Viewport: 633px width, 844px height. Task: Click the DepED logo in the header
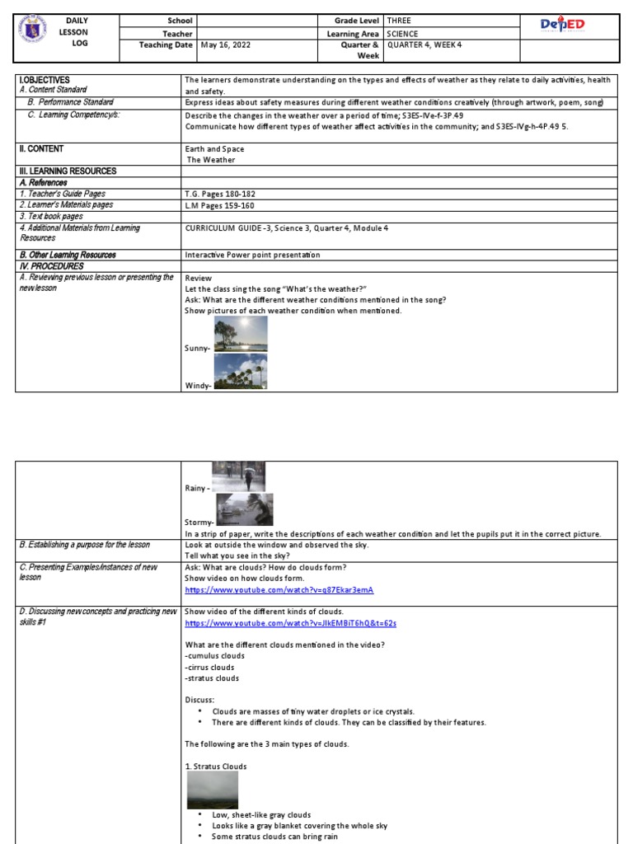click(x=563, y=26)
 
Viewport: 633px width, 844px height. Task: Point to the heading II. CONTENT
click(x=41, y=149)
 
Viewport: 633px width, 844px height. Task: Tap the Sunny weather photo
click(x=240, y=335)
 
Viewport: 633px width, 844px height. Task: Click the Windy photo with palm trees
click(x=240, y=371)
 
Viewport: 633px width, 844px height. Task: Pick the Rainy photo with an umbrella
click(x=238, y=477)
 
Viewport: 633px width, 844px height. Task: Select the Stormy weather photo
click(x=244, y=509)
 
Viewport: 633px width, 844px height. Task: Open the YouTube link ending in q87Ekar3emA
click(x=279, y=591)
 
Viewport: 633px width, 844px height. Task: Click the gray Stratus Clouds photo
click(x=213, y=790)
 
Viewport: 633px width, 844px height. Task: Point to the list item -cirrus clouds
click(x=210, y=667)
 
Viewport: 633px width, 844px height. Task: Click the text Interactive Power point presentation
click(x=252, y=256)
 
